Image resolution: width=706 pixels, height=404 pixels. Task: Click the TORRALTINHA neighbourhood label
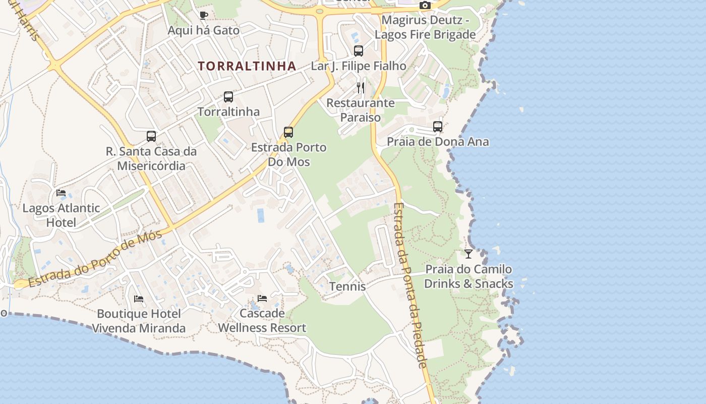pyautogui.click(x=247, y=66)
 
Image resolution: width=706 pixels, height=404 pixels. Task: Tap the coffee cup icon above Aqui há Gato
pyautogui.click(x=203, y=15)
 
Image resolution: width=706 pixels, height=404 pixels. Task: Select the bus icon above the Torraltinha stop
pyautogui.click(x=228, y=97)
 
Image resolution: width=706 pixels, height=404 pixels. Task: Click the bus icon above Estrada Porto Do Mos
pyautogui.click(x=288, y=132)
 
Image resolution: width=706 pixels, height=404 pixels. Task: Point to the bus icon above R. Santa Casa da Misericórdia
pyautogui.click(x=151, y=136)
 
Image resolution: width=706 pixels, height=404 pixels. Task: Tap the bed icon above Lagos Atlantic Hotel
pyautogui.click(x=61, y=193)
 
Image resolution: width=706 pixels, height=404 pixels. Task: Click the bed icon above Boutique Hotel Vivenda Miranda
pyautogui.click(x=139, y=299)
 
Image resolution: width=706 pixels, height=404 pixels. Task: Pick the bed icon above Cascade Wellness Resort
pyautogui.click(x=262, y=298)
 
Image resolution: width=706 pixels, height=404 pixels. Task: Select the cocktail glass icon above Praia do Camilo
pyautogui.click(x=468, y=254)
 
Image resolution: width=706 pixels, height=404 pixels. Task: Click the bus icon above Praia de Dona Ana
pyautogui.click(x=438, y=127)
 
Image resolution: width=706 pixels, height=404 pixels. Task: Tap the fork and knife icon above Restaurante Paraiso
pyautogui.click(x=361, y=88)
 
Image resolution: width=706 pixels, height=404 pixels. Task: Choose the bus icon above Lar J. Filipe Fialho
pyautogui.click(x=359, y=51)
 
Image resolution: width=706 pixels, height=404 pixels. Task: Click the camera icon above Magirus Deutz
pyautogui.click(x=425, y=6)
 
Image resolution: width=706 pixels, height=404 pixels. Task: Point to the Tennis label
pyautogui.click(x=347, y=286)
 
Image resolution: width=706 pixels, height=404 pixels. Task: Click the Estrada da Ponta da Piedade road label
pyautogui.click(x=410, y=285)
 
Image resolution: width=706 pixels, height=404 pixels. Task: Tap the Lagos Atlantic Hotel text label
pyautogui.click(x=61, y=215)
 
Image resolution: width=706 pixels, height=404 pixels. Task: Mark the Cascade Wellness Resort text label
pyautogui.click(x=262, y=321)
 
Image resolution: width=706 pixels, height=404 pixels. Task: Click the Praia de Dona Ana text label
pyautogui.click(x=438, y=141)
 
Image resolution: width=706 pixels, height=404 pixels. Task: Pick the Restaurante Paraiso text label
pyautogui.click(x=361, y=110)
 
